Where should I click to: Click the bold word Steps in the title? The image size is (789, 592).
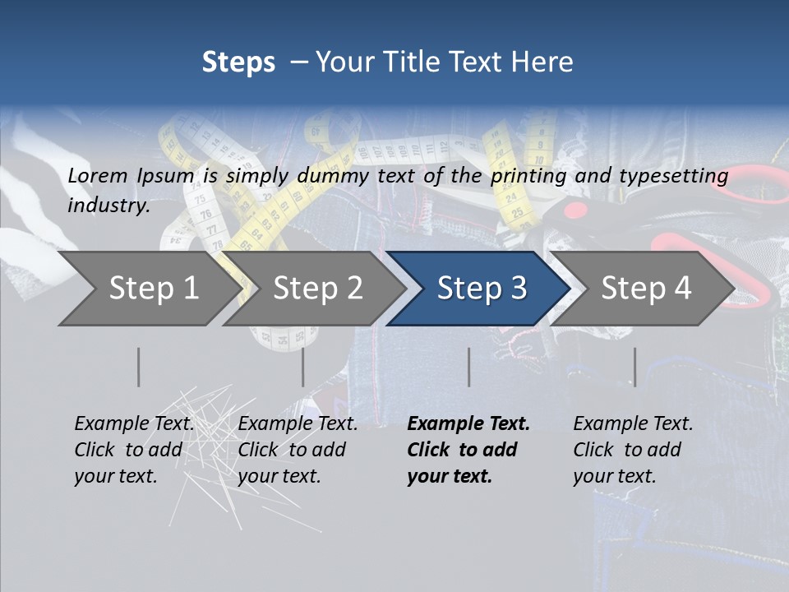(x=238, y=62)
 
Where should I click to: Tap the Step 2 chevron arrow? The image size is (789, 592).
(x=317, y=288)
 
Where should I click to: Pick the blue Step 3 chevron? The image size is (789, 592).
(x=481, y=288)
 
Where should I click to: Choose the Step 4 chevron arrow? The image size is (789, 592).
(x=645, y=288)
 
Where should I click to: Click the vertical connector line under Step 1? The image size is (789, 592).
(x=139, y=367)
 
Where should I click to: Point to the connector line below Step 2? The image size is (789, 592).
(x=303, y=367)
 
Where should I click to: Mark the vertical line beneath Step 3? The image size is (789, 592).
(x=469, y=367)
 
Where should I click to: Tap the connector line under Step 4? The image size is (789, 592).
(x=634, y=367)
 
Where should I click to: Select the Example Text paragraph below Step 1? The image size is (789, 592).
(x=134, y=450)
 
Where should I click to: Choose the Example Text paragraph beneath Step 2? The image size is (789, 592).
(x=298, y=450)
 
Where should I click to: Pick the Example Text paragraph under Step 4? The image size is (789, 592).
(x=633, y=450)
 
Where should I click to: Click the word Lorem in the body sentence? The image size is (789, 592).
(x=98, y=175)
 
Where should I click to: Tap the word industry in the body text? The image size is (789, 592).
(x=108, y=205)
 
